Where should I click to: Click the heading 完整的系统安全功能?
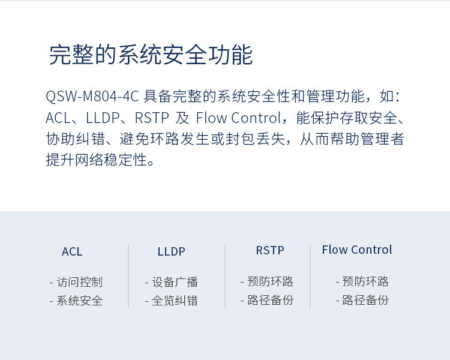click(151, 55)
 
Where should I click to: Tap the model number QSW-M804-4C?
click(92, 96)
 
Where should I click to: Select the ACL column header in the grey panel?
click(72, 251)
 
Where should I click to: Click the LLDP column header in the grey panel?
click(172, 251)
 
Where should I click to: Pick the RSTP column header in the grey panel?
click(270, 250)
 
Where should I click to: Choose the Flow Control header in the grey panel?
click(357, 250)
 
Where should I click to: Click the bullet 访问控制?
click(79, 282)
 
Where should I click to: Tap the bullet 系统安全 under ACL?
click(79, 301)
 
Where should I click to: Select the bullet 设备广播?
click(175, 282)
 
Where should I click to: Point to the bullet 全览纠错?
click(175, 301)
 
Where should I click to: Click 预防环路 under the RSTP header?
click(270, 281)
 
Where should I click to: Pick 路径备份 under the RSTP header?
click(270, 300)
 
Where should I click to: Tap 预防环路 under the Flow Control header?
click(365, 281)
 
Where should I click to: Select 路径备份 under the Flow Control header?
click(365, 300)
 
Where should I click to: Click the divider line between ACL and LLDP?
click(128, 277)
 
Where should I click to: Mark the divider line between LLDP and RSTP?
click(225, 277)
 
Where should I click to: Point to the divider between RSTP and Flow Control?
click(310, 277)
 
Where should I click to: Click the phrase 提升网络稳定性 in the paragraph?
click(97, 160)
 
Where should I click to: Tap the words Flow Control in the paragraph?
click(238, 118)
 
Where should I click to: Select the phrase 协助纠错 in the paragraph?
click(75, 139)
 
